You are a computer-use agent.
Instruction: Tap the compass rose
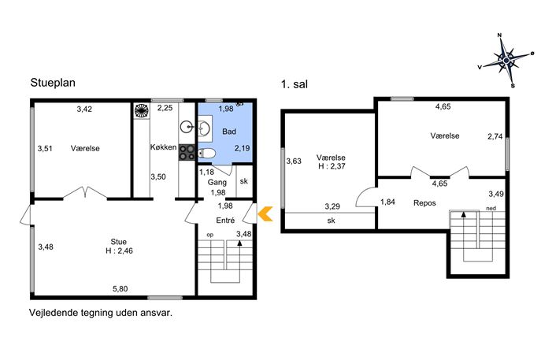coord(506,61)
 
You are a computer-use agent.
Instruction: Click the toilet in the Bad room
coord(207,154)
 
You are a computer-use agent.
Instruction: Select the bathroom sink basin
coord(204,128)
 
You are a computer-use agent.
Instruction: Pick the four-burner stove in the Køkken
coord(187,153)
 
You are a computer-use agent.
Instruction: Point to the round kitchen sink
coord(187,128)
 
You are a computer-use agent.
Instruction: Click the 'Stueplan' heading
coord(53,83)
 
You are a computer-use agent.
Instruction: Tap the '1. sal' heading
coord(295,84)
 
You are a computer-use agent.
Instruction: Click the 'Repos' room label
coord(424,203)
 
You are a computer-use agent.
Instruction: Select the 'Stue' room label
coord(118,242)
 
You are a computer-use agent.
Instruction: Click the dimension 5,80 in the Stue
coord(120,288)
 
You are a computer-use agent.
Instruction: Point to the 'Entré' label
coord(225,221)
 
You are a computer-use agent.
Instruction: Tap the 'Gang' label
coord(217,182)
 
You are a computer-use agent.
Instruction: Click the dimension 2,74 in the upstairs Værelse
coord(495,136)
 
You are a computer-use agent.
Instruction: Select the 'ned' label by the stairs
coord(491,208)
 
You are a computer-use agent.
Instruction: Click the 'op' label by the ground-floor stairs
coord(209,235)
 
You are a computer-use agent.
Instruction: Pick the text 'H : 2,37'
coord(332,166)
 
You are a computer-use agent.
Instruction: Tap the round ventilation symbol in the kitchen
coord(142,111)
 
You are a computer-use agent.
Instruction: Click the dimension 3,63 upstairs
coord(294,161)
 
